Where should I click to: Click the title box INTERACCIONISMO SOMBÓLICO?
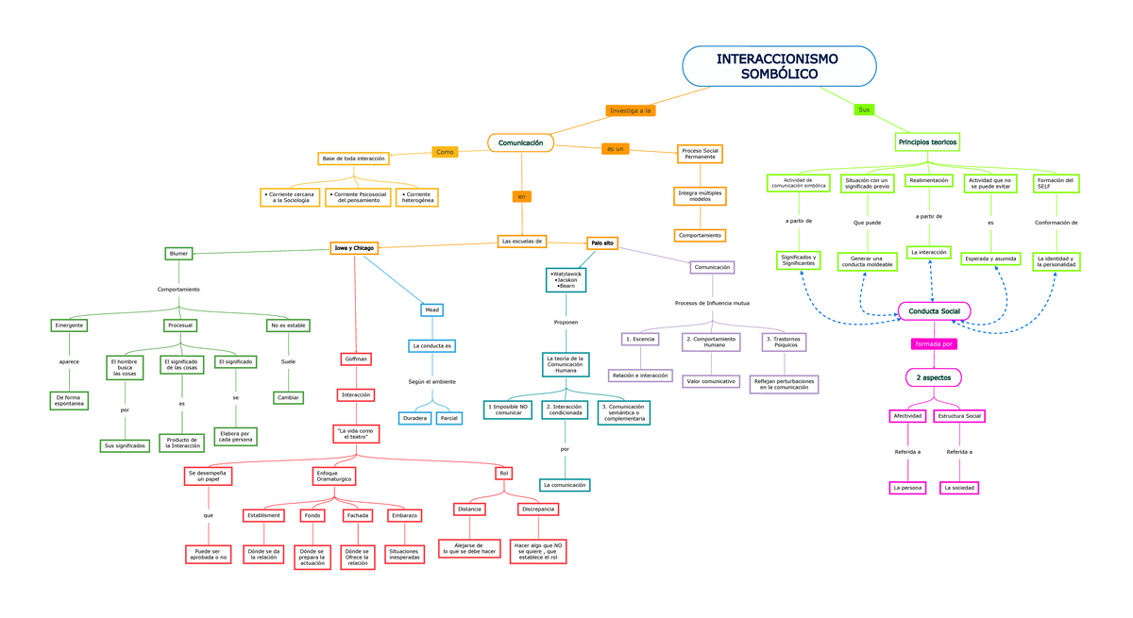pyautogui.click(x=779, y=66)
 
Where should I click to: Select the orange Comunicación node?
pyautogui.click(x=520, y=142)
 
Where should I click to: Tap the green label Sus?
pyautogui.click(x=864, y=109)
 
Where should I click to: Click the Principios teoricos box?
pyautogui.click(x=927, y=142)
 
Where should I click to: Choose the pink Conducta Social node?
pyautogui.click(x=934, y=311)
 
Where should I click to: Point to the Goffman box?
pyautogui.click(x=356, y=359)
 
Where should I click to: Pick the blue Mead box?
pyautogui.click(x=431, y=309)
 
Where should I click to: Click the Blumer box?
pyautogui.click(x=178, y=254)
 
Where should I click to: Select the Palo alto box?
pyautogui.click(x=602, y=242)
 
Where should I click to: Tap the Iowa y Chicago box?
pyautogui.click(x=354, y=248)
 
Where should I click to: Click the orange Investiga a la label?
pyautogui.click(x=631, y=110)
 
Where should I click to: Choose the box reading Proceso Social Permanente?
pyautogui.click(x=700, y=154)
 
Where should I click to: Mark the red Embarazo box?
pyautogui.click(x=404, y=515)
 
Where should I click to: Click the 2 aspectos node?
pyautogui.click(x=934, y=377)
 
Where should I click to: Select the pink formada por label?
pyautogui.click(x=934, y=344)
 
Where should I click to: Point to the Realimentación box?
pyautogui.click(x=929, y=180)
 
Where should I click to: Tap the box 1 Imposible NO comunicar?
pyautogui.click(x=509, y=409)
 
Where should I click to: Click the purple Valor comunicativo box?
pyautogui.click(x=711, y=381)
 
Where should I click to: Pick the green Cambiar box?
pyautogui.click(x=288, y=397)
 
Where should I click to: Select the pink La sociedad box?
pyautogui.click(x=959, y=488)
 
